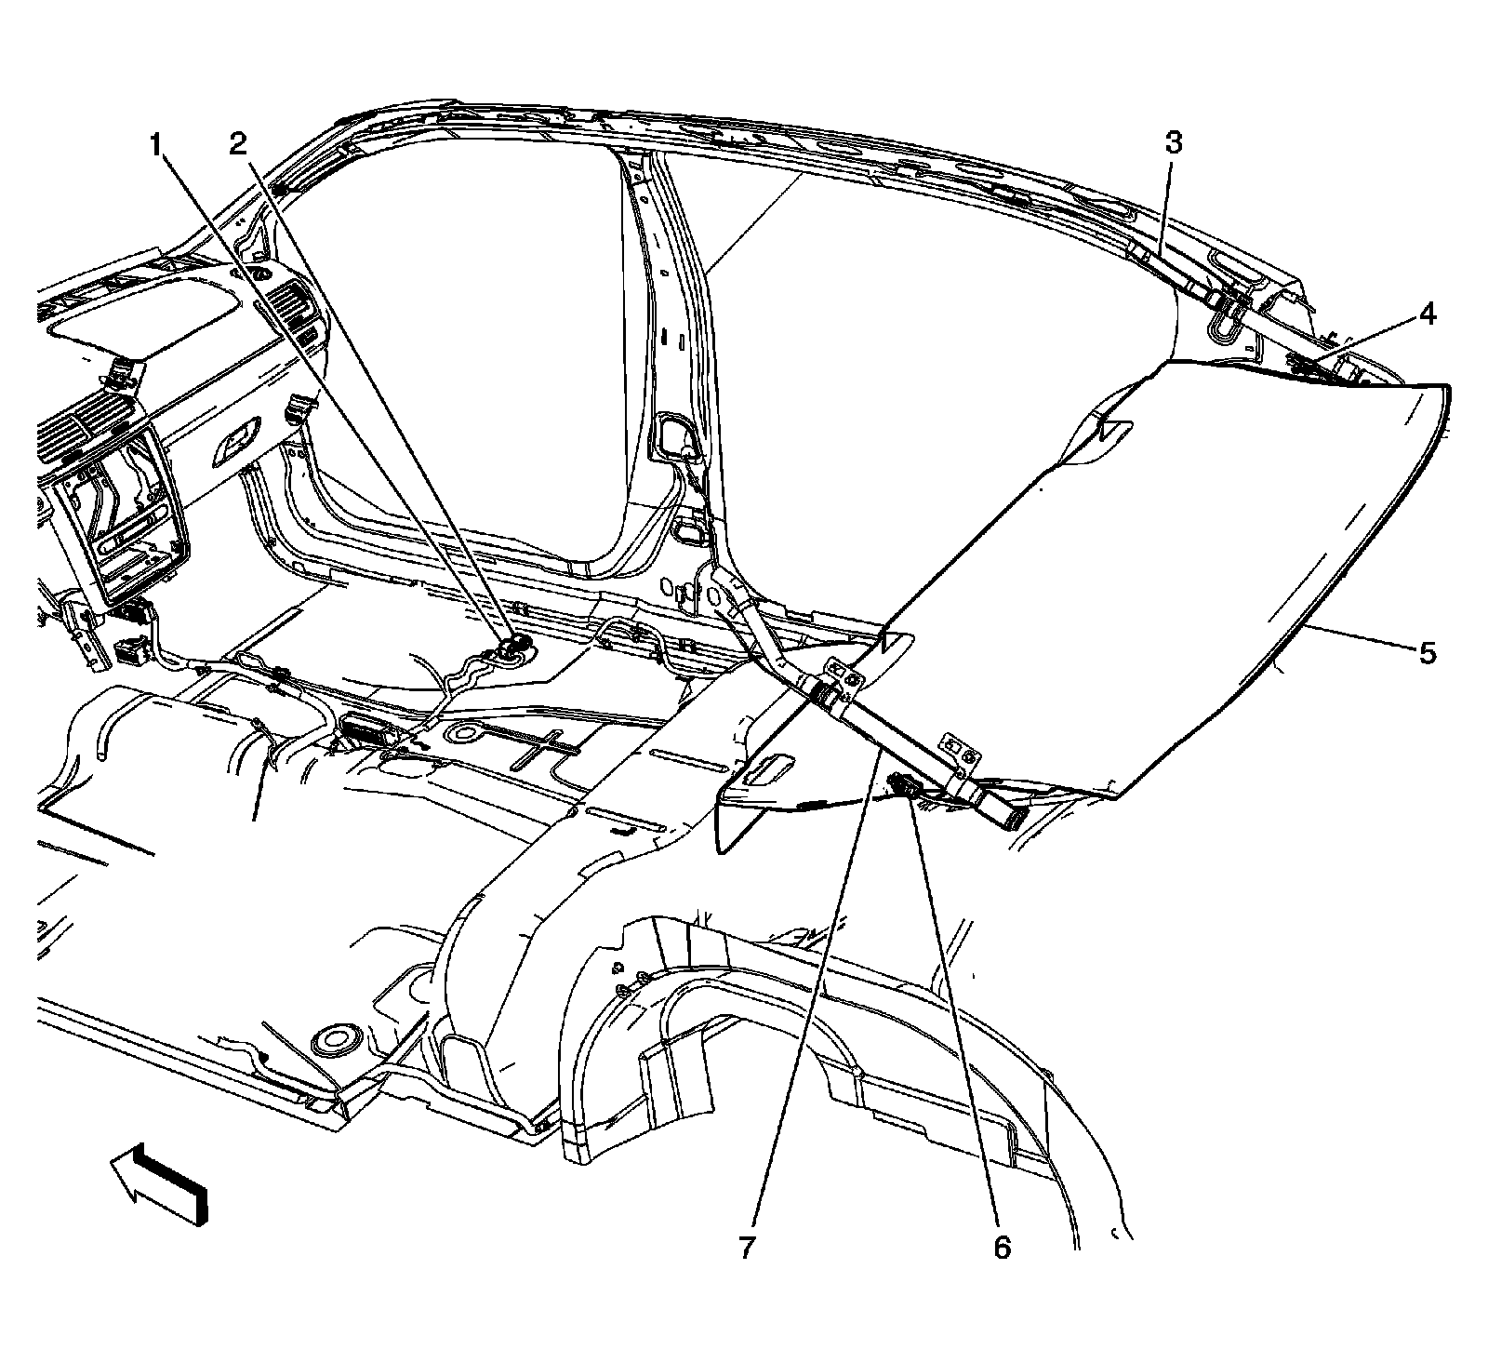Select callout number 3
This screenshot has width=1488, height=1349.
pyautogui.click(x=1173, y=143)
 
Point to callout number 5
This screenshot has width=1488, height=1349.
pyautogui.click(x=1427, y=652)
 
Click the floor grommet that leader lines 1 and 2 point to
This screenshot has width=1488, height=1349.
pyautogui.click(x=511, y=648)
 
